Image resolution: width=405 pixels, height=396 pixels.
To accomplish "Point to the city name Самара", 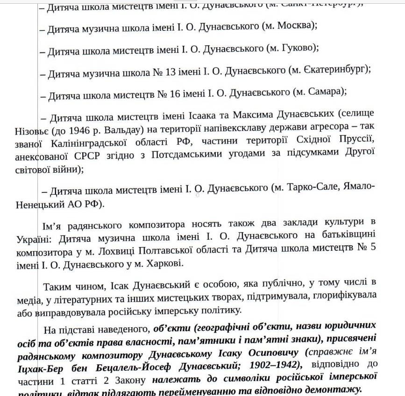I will click(x=325, y=92).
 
